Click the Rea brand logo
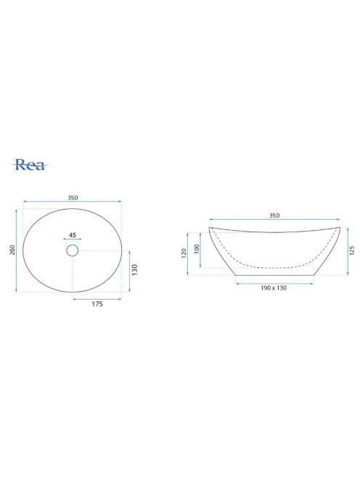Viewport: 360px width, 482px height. pyautogui.click(x=30, y=165)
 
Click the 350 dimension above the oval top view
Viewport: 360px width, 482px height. pyautogui.click(x=73, y=197)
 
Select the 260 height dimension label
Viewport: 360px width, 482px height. pyautogui.click(x=12, y=250)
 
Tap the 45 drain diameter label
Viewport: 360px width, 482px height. pyautogui.click(x=73, y=235)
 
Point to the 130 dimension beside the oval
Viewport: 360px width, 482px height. pyautogui.click(x=135, y=269)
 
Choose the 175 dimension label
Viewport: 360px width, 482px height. pyautogui.click(x=97, y=304)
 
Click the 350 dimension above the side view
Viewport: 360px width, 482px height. pyautogui.click(x=274, y=216)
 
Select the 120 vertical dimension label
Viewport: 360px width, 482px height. pyautogui.click(x=184, y=253)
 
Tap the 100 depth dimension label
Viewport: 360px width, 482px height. pyautogui.click(x=197, y=249)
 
